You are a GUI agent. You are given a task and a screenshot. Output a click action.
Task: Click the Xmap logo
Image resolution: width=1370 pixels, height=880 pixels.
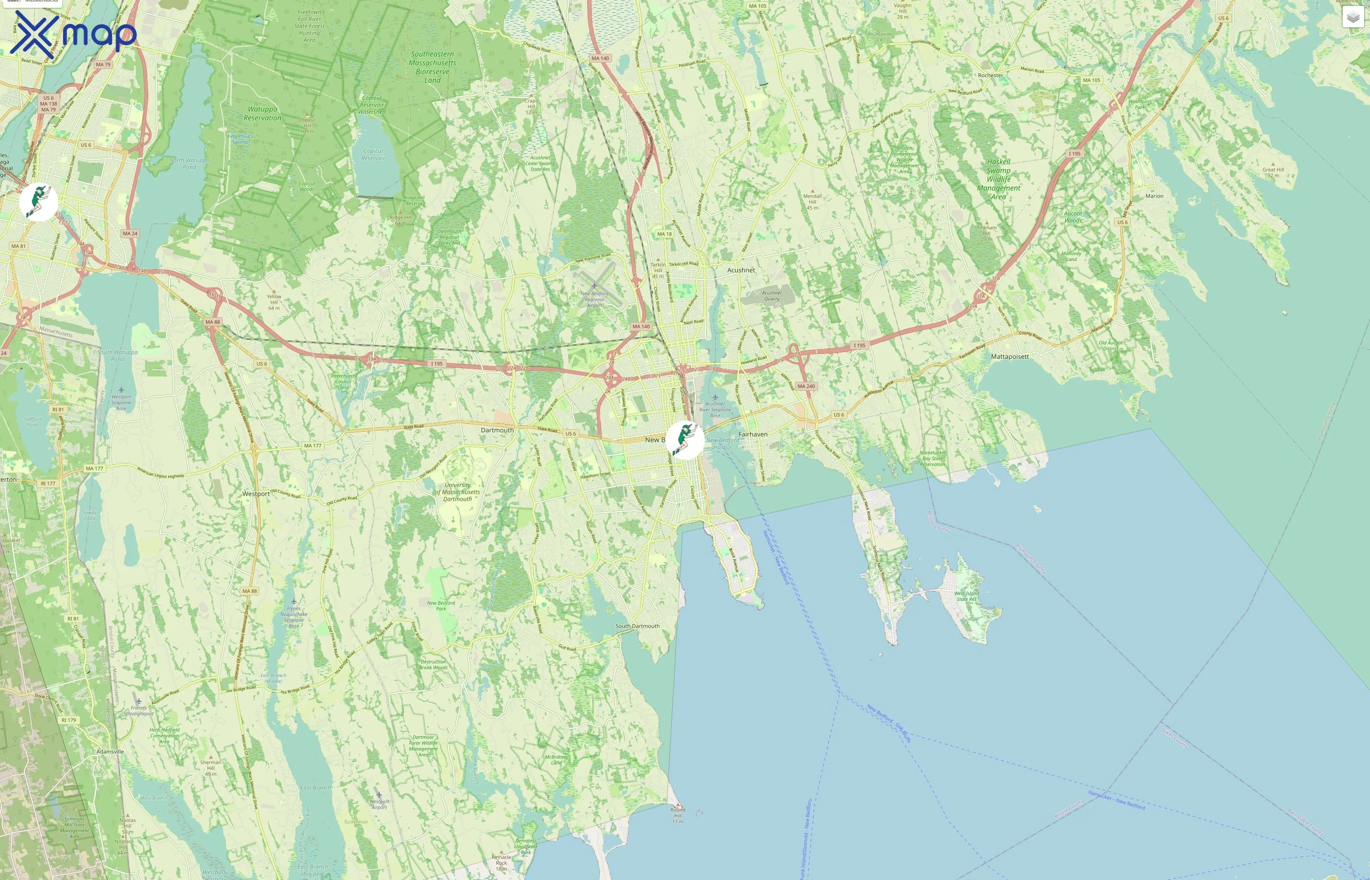pyautogui.click(x=73, y=33)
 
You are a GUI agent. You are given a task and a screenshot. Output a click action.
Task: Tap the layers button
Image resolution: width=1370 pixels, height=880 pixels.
pyautogui.click(x=1352, y=18)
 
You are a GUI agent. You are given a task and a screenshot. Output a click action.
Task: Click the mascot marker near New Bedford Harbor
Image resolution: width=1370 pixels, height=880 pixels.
pyautogui.click(x=685, y=440)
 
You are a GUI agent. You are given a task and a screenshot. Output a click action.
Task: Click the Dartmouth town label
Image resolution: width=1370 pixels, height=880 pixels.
pyautogui.click(x=497, y=430)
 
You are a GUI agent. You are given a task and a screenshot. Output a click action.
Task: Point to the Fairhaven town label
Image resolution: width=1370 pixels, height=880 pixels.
pyautogui.click(x=753, y=434)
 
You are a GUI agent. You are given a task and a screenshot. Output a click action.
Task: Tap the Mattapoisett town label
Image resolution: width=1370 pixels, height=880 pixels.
pyautogui.click(x=1009, y=356)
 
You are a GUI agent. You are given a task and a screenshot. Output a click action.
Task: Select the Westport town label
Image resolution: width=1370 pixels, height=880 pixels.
pyautogui.click(x=255, y=494)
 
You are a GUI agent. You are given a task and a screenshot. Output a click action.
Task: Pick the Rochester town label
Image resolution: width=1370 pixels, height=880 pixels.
pyautogui.click(x=990, y=75)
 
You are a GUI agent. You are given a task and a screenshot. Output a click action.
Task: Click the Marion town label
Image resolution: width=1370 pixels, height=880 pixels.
pyautogui.click(x=1154, y=196)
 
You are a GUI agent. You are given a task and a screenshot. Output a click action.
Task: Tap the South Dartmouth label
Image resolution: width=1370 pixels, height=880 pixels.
pyautogui.click(x=637, y=626)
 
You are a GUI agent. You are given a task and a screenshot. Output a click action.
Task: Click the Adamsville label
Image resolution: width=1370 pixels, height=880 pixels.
pyautogui.click(x=110, y=751)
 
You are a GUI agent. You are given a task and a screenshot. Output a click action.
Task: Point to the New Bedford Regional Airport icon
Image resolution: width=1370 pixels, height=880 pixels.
pyautogui.click(x=594, y=285)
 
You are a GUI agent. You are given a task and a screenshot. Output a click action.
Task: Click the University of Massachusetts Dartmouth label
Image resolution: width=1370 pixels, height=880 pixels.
pyautogui.click(x=457, y=492)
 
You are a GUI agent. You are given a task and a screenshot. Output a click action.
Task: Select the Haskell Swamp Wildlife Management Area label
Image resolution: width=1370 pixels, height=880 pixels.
pyautogui.click(x=998, y=179)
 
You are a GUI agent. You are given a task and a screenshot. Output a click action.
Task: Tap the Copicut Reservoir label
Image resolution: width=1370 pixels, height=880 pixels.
pyautogui.click(x=373, y=155)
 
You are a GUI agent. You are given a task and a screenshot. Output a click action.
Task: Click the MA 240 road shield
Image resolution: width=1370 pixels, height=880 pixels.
pyautogui.click(x=806, y=386)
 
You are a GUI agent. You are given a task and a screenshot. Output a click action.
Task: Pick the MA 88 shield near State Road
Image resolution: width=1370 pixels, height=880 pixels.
pyautogui.click(x=212, y=322)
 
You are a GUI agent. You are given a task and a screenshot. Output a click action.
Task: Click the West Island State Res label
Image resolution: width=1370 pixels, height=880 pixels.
pyautogui.click(x=966, y=596)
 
